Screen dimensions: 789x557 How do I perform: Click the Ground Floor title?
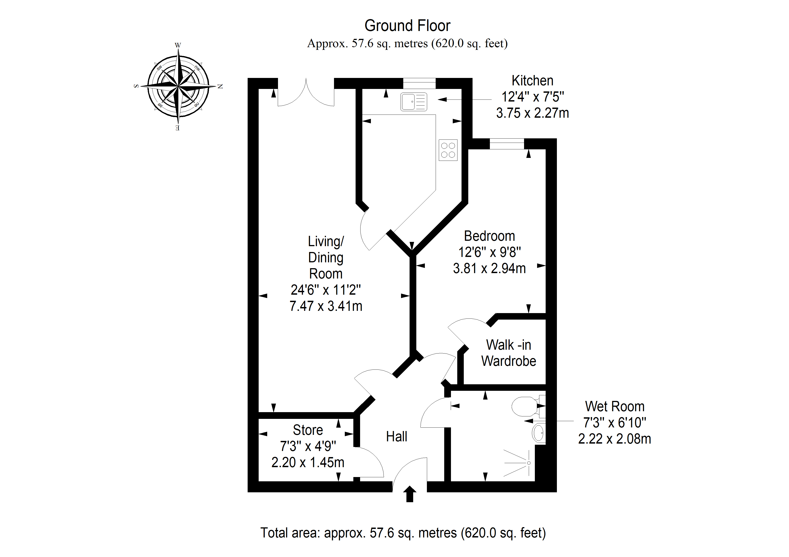coord(407,26)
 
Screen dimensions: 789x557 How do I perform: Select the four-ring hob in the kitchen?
coord(448,150)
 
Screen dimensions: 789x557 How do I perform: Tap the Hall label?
coord(397,437)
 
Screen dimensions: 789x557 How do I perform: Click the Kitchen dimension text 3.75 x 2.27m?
coord(532,113)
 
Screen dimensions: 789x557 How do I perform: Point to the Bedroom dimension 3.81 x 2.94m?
coord(489,268)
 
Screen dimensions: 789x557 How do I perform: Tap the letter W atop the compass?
coord(178,45)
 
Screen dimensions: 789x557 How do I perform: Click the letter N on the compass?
coord(220,86)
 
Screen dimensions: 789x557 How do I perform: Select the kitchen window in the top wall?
coord(419,83)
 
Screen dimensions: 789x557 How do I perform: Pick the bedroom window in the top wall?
coord(507,144)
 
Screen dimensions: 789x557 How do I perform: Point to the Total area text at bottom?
coord(403,533)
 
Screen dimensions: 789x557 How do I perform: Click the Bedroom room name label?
coord(489,236)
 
